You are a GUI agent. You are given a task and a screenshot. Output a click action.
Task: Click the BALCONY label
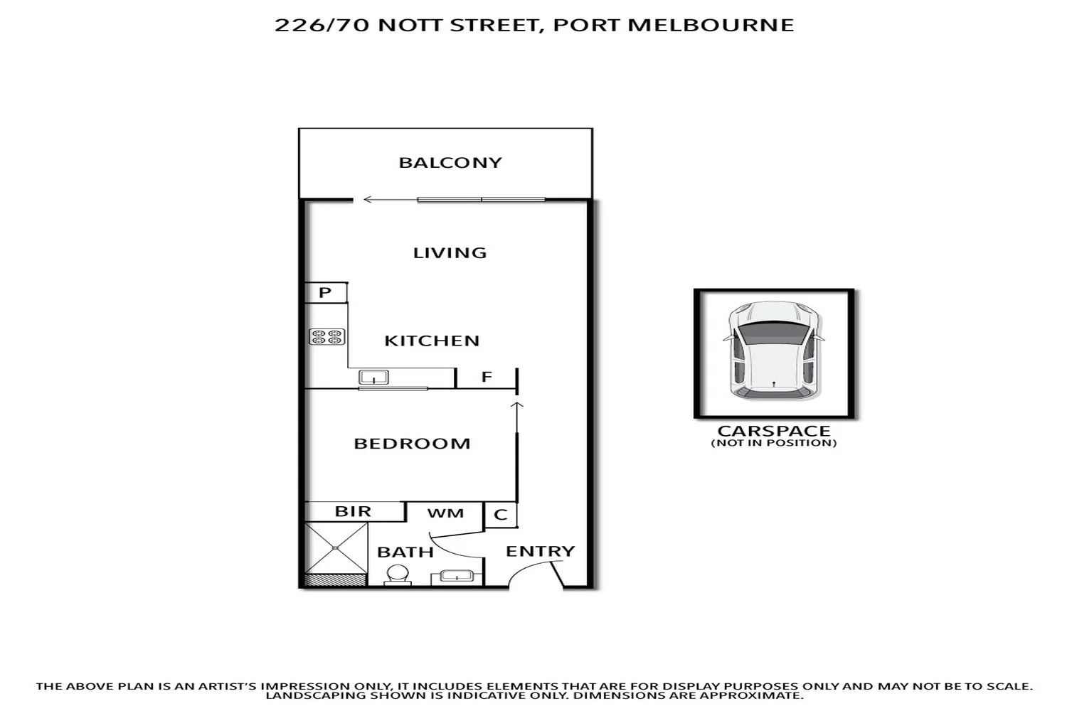click(450, 163)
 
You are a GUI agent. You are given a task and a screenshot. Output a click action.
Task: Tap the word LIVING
click(450, 252)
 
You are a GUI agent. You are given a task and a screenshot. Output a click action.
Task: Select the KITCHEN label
click(432, 341)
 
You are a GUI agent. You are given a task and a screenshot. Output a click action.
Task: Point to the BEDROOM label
click(412, 444)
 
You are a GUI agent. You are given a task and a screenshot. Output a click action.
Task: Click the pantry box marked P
click(325, 292)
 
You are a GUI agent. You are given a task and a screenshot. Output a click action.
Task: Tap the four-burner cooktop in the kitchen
click(327, 337)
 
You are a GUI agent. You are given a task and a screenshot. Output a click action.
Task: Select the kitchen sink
click(372, 377)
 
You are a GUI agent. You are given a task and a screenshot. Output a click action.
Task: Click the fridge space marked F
click(487, 377)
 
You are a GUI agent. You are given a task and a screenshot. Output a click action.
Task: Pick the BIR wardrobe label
click(353, 511)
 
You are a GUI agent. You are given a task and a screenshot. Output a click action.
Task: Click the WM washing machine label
click(445, 513)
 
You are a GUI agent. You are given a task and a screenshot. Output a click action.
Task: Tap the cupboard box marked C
click(500, 515)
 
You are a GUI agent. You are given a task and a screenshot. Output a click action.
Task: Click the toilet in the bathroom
click(398, 574)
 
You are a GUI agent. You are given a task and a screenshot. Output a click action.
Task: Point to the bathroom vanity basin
click(452, 575)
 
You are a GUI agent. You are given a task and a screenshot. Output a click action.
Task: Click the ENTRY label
click(540, 551)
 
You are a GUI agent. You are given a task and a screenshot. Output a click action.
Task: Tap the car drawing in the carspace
click(774, 350)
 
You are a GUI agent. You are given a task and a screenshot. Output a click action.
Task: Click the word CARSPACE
click(774, 431)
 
